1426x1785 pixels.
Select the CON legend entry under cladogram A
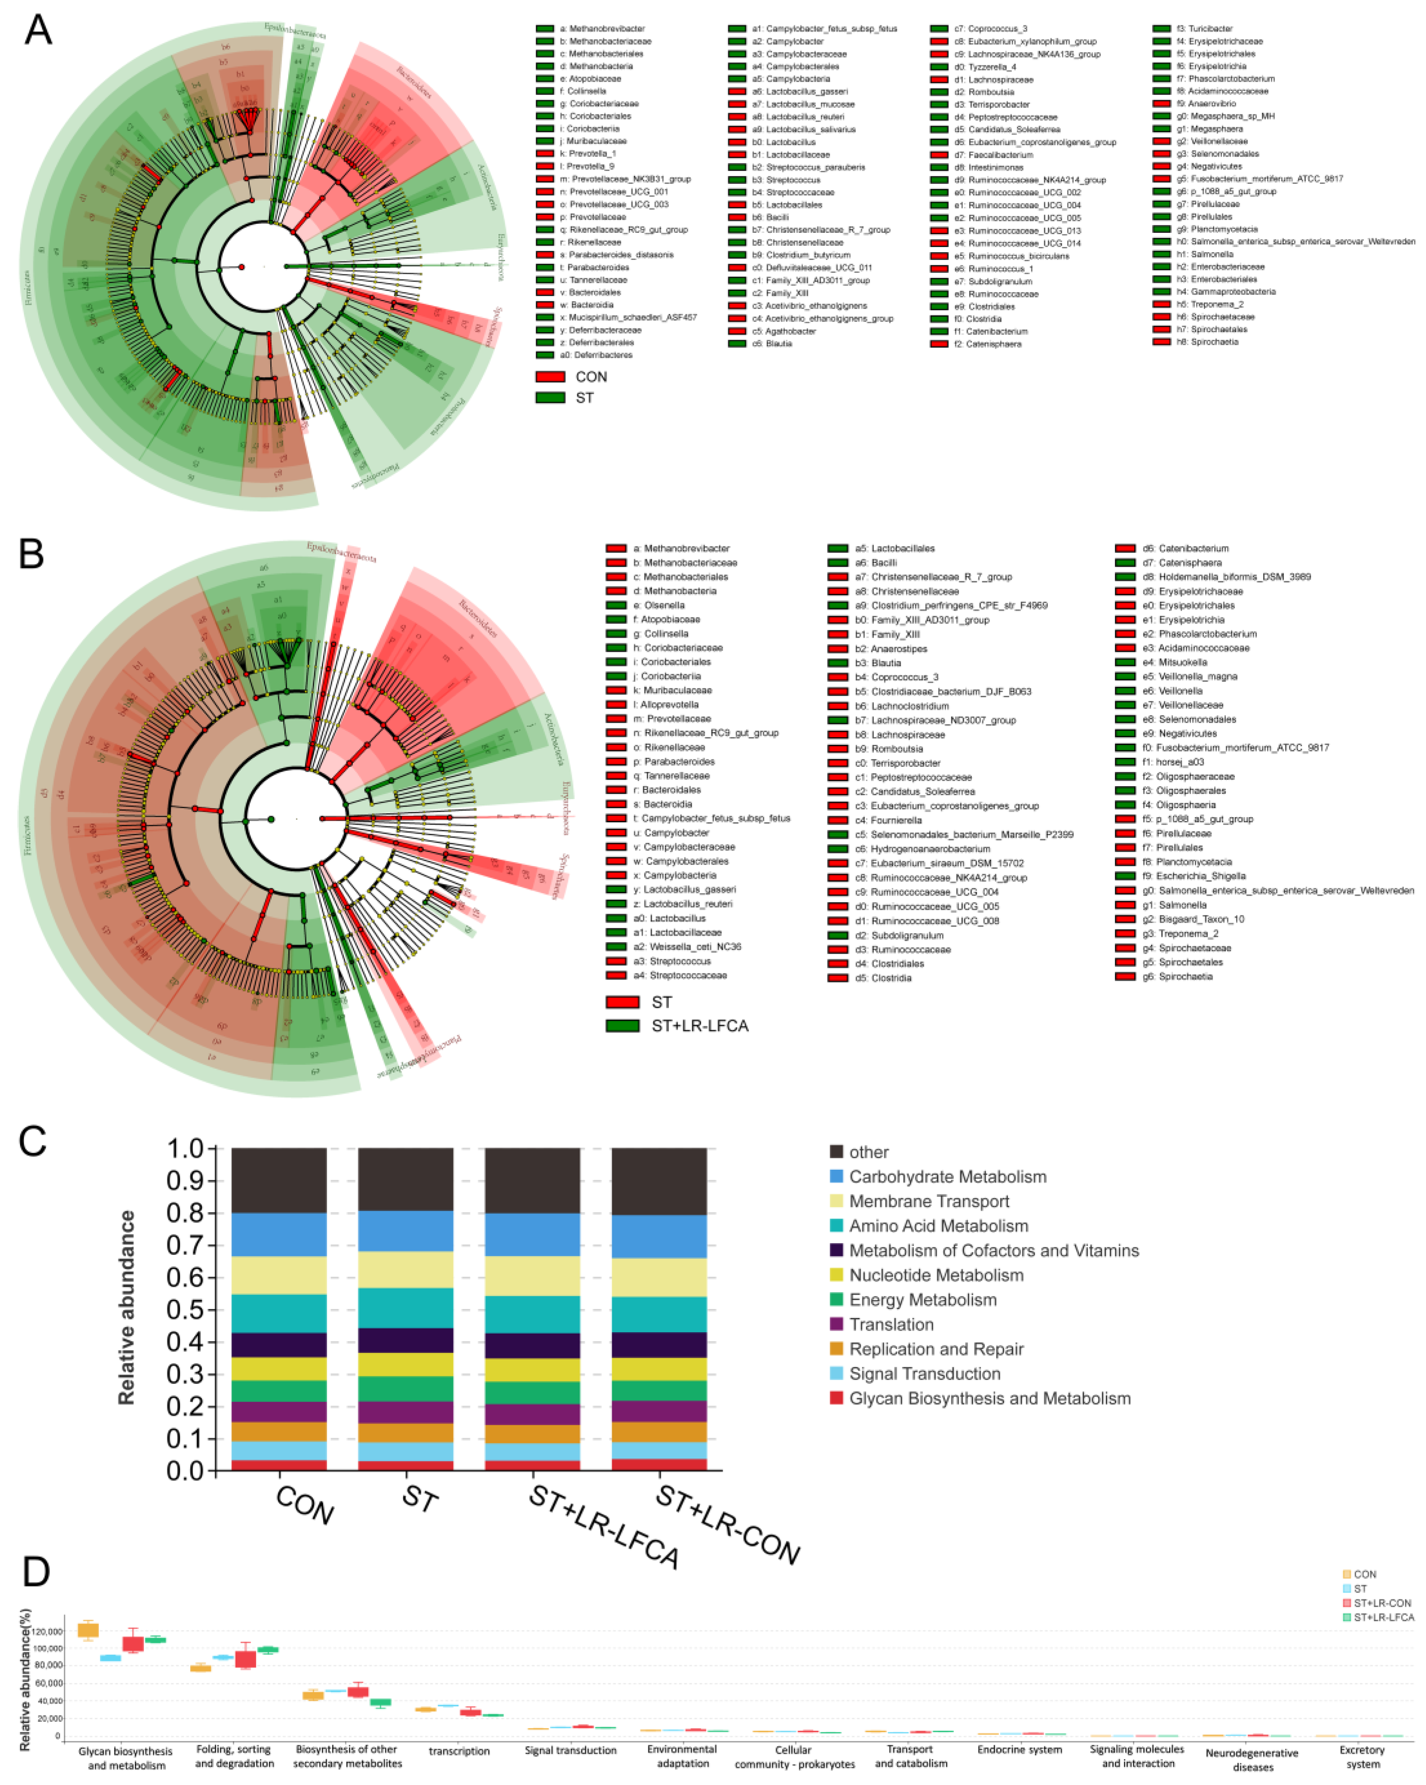pyautogui.click(x=590, y=377)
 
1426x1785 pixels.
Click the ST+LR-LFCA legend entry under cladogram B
pyautogui.click(x=699, y=1026)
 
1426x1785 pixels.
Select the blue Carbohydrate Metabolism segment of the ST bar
pyautogui.click(x=405, y=1231)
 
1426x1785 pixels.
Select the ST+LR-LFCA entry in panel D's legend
pyautogui.click(x=1383, y=1617)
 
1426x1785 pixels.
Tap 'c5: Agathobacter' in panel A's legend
pyautogui.click(x=790, y=331)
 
